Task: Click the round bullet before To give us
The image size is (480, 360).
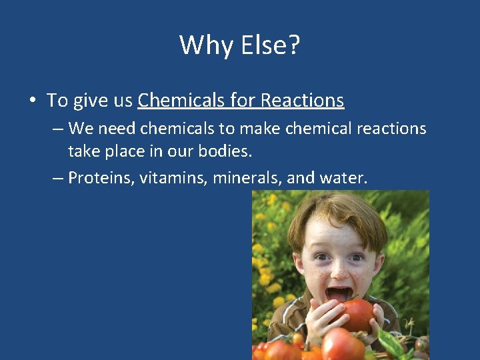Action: click(32, 101)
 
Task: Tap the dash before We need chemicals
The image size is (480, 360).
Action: click(58, 129)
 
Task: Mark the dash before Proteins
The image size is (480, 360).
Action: click(58, 179)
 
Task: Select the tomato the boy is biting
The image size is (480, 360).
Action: click(357, 314)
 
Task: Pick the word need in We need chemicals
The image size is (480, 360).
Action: click(117, 129)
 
